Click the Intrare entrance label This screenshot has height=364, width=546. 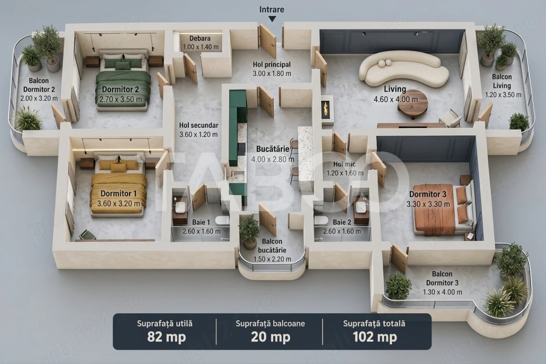(272, 10)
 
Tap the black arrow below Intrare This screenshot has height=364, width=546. (272, 19)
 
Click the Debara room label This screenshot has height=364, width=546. (200, 38)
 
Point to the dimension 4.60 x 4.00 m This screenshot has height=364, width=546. (395, 99)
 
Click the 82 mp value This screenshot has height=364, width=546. (167, 337)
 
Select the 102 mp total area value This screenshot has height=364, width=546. (375, 337)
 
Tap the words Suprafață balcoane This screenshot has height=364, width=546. (270, 324)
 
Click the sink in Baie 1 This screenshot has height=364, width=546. (180, 207)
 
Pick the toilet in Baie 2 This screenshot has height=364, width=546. (321, 220)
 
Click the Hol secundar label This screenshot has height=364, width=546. (199, 125)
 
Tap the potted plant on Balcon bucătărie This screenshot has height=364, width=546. (249, 232)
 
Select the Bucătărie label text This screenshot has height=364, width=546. (273, 149)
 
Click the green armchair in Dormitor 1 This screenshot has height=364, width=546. (87, 234)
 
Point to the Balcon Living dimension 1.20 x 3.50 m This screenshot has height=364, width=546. (503, 95)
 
